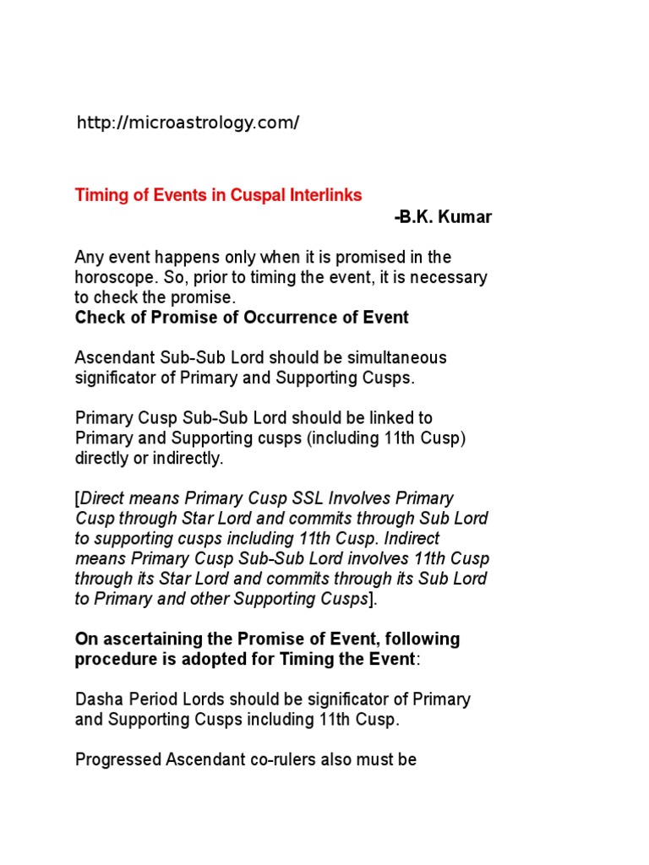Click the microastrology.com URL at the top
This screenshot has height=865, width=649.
[x=188, y=123]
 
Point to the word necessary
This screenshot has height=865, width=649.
[x=454, y=277]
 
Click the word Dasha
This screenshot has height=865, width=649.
[x=97, y=699]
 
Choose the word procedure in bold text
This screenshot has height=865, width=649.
[x=112, y=659]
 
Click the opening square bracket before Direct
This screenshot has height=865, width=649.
[x=78, y=498]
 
